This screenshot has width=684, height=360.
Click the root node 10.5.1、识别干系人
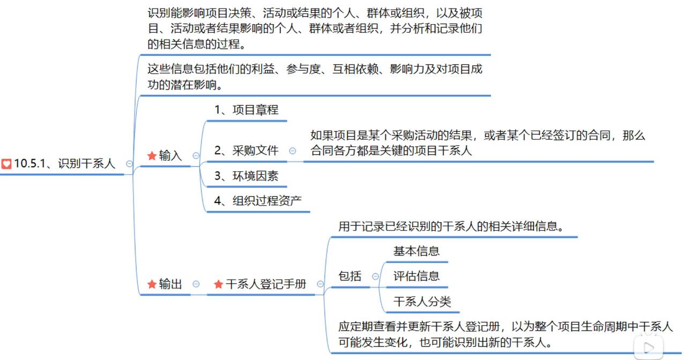[x=65, y=164]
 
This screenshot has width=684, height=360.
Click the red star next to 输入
[x=152, y=156]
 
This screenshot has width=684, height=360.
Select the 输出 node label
[x=170, y=284]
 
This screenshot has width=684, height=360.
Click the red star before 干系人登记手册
[x=218, y=284]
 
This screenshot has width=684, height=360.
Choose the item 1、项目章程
[x=246, y=110]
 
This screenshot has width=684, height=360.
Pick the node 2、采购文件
[x=246, y=151]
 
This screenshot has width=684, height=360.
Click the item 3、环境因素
[x=246, y=176]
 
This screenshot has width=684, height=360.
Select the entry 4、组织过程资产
[x=258, y=201]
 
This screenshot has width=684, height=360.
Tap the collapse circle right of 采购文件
[x=292, y=151]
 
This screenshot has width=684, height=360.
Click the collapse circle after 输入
[x=196, y=156]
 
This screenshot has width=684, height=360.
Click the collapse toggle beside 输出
[x=196, y=284]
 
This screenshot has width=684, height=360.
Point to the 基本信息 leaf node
[x=417, y=251]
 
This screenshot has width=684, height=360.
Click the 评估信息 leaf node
[x=417, y=276]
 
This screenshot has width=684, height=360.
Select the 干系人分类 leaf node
[x=422, y=302]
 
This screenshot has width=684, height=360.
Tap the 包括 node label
[x=350, y=276]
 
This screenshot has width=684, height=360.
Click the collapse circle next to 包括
[x=375, y=276]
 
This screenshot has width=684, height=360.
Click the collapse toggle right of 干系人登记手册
[x=320, y=284]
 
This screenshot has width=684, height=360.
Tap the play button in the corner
[x=649, y=348]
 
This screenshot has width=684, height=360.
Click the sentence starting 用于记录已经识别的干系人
[x=451, y=227]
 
